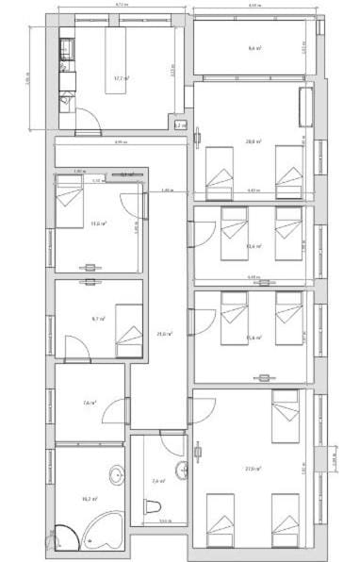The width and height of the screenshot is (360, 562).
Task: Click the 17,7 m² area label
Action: [x=120, y=78]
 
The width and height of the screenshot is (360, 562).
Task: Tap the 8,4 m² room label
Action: [x=254, y=48]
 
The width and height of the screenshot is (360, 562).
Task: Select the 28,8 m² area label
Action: [x=253, y=142]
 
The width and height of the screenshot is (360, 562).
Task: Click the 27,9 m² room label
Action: [x=253, y=469]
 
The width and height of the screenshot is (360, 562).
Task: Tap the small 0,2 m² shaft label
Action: [x=179, y=124]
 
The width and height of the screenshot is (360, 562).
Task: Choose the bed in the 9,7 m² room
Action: [x=129, y=331]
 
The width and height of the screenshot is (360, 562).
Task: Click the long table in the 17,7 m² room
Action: [x=115, y=58]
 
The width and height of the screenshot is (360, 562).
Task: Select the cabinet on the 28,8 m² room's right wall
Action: [x=304, y=106]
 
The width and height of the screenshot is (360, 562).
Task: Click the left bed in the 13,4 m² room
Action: [x=233, y=232]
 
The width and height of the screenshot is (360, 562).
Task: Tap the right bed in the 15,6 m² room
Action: [x=288, y=317]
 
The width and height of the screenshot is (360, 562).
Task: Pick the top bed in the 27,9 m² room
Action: [x=286, y=416]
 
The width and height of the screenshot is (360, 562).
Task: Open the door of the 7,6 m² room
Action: [x=115, y=408]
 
